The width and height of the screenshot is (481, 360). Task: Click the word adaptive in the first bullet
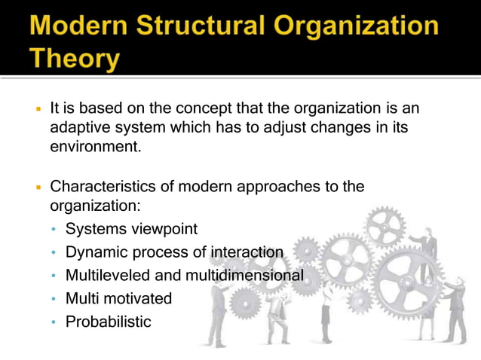tap(78, 127)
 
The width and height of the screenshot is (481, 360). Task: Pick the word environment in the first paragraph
tap(94, 147)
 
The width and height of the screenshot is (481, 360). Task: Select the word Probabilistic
tap(108, 322)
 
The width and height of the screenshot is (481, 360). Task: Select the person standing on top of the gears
tap(429, 245)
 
